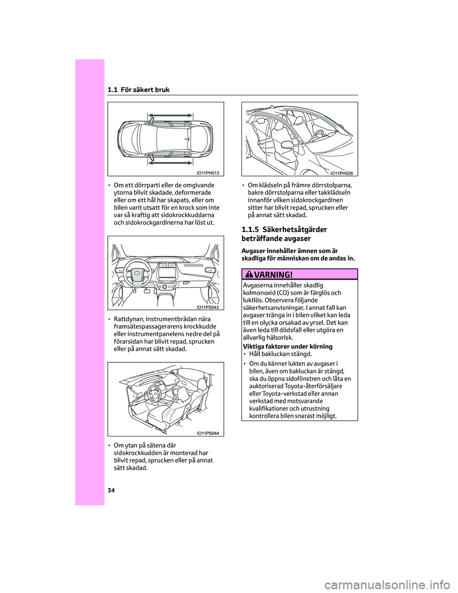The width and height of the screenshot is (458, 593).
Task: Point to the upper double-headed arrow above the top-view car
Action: coord(170,115)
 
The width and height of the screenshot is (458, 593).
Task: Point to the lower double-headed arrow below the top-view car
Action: coord(170,163)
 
